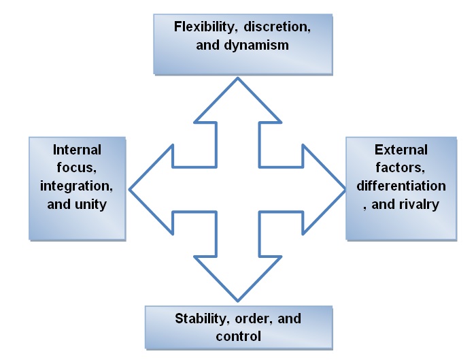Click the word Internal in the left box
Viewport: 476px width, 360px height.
(78, 150)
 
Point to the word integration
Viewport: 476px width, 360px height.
(77, 185)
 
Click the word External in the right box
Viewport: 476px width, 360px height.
(401, 150)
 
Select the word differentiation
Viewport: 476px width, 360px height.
(401, 185)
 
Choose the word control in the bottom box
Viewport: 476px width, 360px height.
(238, 336)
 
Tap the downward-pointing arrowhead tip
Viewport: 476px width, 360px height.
(237, 299)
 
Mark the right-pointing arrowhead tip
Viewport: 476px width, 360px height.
(344, 189)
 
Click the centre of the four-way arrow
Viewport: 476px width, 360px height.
(237, 189)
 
